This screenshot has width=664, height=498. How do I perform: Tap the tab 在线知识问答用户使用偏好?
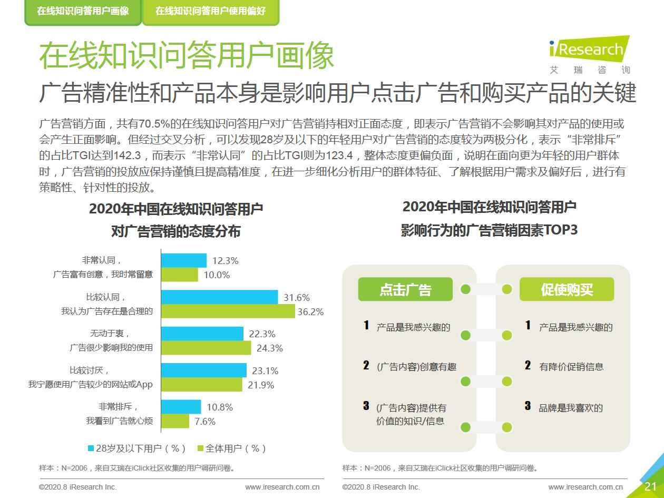211,11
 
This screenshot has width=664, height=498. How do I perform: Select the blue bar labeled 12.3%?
183,260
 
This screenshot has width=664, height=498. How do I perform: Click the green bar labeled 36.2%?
228,311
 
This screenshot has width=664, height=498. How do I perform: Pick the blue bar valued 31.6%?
219,297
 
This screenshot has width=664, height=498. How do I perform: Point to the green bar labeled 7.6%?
175,421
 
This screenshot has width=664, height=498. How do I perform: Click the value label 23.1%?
265,370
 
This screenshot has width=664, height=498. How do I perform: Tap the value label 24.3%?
269,348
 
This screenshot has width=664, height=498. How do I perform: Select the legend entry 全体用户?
232,448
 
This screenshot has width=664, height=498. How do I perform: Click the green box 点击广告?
405,289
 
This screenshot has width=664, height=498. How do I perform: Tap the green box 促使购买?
567,289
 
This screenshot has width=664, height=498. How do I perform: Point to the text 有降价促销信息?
571,366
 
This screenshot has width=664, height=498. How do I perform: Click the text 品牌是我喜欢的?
571,407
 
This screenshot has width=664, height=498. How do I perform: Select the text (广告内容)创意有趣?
416,367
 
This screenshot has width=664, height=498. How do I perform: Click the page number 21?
650,486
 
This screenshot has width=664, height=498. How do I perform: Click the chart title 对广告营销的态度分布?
175,231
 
